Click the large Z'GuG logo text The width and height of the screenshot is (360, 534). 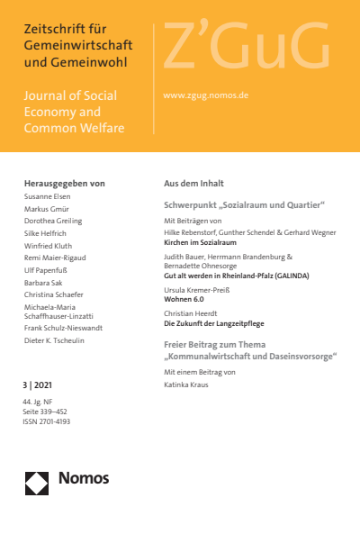245,50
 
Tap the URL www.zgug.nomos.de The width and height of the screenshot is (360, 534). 205,94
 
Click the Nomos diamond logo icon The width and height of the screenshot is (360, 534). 36,482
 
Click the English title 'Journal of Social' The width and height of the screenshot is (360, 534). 72,95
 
